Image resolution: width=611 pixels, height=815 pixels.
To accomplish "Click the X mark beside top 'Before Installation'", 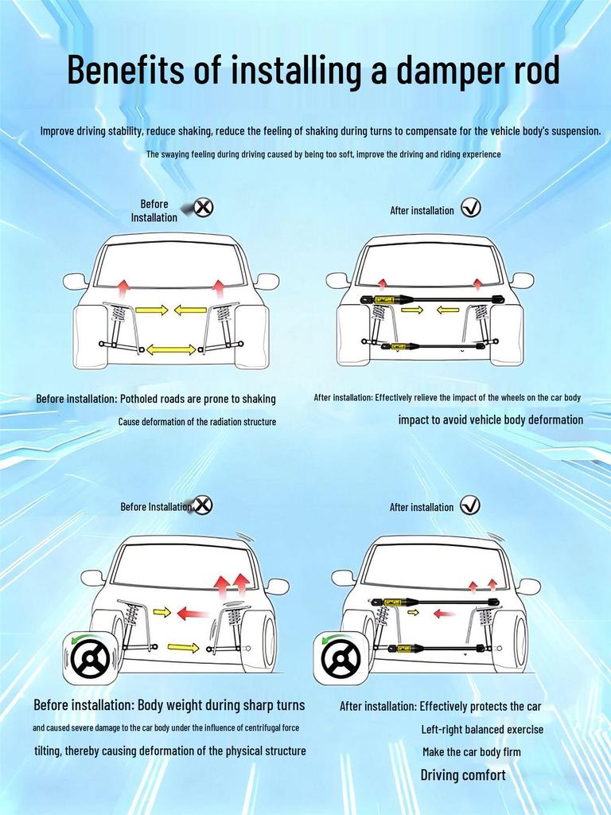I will (204, 208).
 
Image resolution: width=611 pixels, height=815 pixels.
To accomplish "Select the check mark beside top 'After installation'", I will (471, 208).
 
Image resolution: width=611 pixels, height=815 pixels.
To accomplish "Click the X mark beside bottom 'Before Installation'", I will (204, 505).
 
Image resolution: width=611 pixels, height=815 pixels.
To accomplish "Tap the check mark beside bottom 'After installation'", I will (470, 505).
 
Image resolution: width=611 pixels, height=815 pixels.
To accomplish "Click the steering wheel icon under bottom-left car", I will (90, 658).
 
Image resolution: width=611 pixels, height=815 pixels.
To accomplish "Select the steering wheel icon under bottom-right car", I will (341, 658).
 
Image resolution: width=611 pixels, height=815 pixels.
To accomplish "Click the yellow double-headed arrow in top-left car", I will (171, 349).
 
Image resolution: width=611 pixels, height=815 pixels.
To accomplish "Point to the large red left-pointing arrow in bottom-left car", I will (193, 613).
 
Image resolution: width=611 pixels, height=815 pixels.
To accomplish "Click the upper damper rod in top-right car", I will (434, 299).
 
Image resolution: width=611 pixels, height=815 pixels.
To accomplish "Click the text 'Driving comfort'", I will (462, 775).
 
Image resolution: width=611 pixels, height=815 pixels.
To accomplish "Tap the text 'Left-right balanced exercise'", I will (482, 729).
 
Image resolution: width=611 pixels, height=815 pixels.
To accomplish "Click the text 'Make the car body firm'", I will (472, 752).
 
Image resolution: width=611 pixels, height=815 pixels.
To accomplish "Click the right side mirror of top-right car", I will (522, 280).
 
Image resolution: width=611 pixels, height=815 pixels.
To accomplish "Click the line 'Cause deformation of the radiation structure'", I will (197, 422).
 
